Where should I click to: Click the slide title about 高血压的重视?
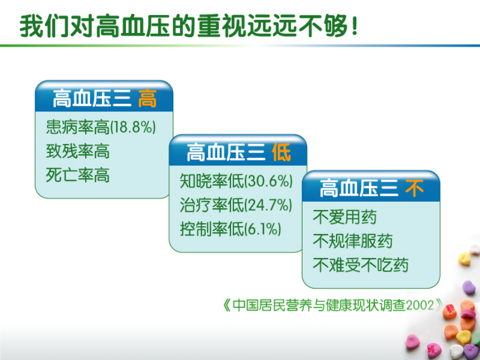[188, 26]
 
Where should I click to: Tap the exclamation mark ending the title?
[355, 26]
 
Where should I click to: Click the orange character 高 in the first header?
[147, 99]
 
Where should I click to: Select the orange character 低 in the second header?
[281, 153]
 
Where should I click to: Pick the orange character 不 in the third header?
[414, 189]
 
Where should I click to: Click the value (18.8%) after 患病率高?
[133, 127]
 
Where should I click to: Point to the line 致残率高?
[77, 151]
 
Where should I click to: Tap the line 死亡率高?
[77, 175]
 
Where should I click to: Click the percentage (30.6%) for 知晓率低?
[268, 181]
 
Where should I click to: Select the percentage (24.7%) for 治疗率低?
[268, 205]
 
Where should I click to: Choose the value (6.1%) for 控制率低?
[262, 229]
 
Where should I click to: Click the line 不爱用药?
[345, 217]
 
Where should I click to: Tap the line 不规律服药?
[353, 241]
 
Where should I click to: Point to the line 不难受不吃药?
[361, 265]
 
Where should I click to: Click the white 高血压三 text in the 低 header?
[226, 153]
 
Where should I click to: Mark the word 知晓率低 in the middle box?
[212, 181]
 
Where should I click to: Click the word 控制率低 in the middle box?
[212, 229]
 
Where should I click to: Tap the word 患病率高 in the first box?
[77, 127]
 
